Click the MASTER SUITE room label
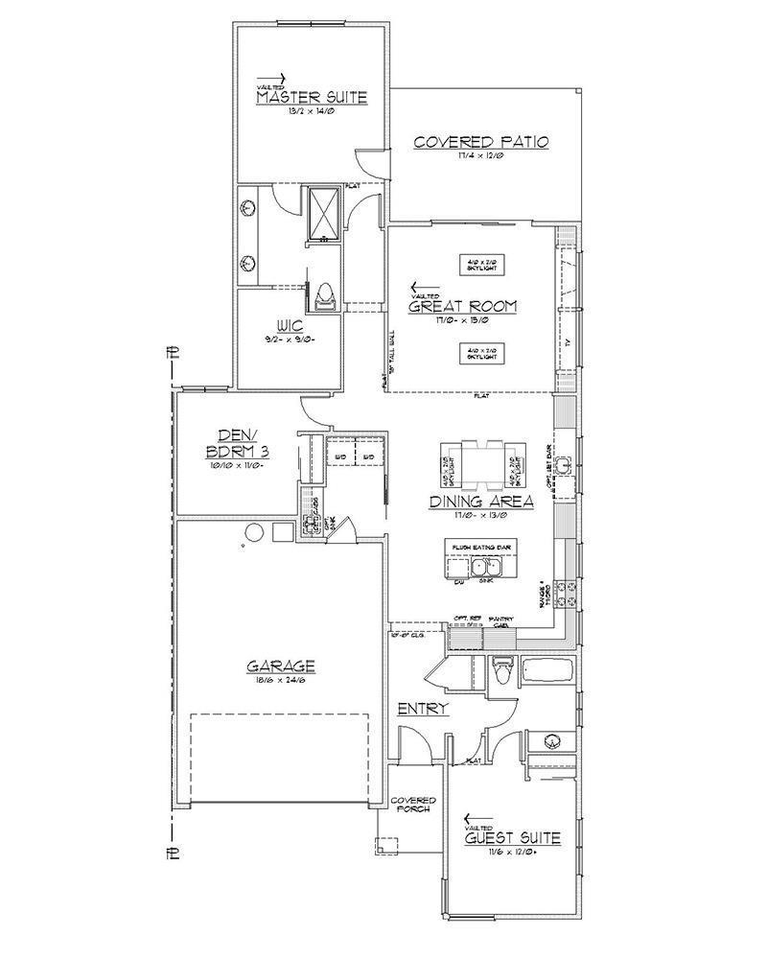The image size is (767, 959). click(312, 98)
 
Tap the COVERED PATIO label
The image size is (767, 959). click(480, 142)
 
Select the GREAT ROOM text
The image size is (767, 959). click(463, 307)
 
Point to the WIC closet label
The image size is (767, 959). click(291, 326)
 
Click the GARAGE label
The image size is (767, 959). click(281, 666)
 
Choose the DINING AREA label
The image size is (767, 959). click(481, 501)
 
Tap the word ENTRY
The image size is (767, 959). click(423, 709)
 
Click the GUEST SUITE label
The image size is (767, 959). click(512, 838)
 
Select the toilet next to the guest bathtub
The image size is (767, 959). click(499, 671)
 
